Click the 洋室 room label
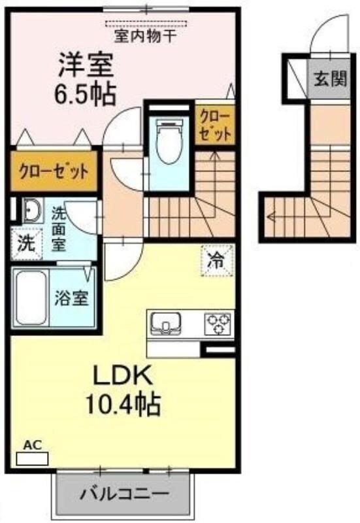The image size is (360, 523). click(86, 65)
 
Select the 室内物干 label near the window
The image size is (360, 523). click(145, 36)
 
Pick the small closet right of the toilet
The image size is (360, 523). click(214, 126)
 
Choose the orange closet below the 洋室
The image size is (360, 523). click(54, 173)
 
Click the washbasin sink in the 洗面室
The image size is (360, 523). click(31, 211)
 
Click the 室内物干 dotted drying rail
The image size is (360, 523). click(145, 23)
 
